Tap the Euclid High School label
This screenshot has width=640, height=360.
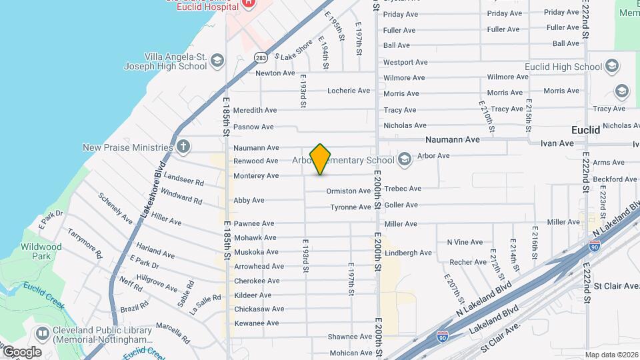click(x=563, y=67)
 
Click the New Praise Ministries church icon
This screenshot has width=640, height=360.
click(x=183, y=147)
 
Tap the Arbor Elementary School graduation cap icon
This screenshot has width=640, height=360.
click(x=404, y=160)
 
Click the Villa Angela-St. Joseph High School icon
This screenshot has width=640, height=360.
click(x=217, y=61)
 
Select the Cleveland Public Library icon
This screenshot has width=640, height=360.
click(x=42, y=332)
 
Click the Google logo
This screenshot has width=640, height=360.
click(x=21, y=351)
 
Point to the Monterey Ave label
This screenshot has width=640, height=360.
click(x=256, y=176)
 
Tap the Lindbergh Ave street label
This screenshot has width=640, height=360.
click(x=409, y=253)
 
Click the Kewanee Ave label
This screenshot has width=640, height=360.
click(x=256, y=323)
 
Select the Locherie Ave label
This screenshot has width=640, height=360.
click(x=348, y=91)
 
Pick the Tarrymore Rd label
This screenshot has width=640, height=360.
click(x=85, y=244)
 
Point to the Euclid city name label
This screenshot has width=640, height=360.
click(x=587, y=131)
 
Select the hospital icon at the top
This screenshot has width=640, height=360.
click(x=248, y=3)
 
